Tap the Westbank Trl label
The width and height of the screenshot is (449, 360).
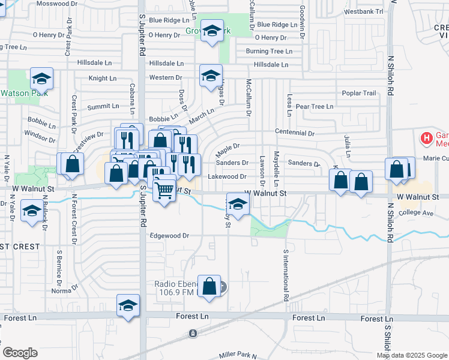[x=364, y=11]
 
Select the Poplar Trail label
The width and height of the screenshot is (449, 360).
[x=359, y=93]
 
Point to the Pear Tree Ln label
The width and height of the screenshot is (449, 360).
[x=314, y=106]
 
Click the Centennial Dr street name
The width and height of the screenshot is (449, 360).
[x=295, y=133]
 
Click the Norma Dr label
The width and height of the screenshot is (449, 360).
[x=61, y=291]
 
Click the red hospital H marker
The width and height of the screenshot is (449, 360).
[x=427, y=139]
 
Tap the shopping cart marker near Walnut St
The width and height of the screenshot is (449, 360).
[x=164, y=191]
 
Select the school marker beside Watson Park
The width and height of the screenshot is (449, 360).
[x=42, y=79]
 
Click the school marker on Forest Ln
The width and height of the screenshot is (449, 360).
[x=128, y=305]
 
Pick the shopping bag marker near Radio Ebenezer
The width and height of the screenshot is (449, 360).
[x=210, y=286]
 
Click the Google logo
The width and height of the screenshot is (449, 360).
[x=20, y=353]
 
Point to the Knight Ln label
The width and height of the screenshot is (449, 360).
[x=102, y=78]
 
